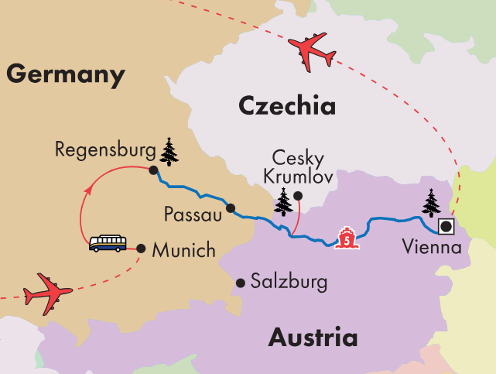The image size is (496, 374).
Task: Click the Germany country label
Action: point(66,76)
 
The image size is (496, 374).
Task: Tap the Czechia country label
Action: point(286,105)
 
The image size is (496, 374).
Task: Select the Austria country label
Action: point(313,338)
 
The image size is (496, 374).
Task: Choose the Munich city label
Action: point(182,251)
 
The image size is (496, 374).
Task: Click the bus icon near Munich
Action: point(108,244)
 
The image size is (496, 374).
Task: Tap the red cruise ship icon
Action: point(348,237)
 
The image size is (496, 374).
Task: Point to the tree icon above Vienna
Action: point(430,204)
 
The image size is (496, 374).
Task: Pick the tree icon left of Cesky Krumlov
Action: point(284,203)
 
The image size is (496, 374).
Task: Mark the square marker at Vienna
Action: point(446,227)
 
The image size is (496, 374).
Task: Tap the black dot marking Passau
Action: point(230,208)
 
